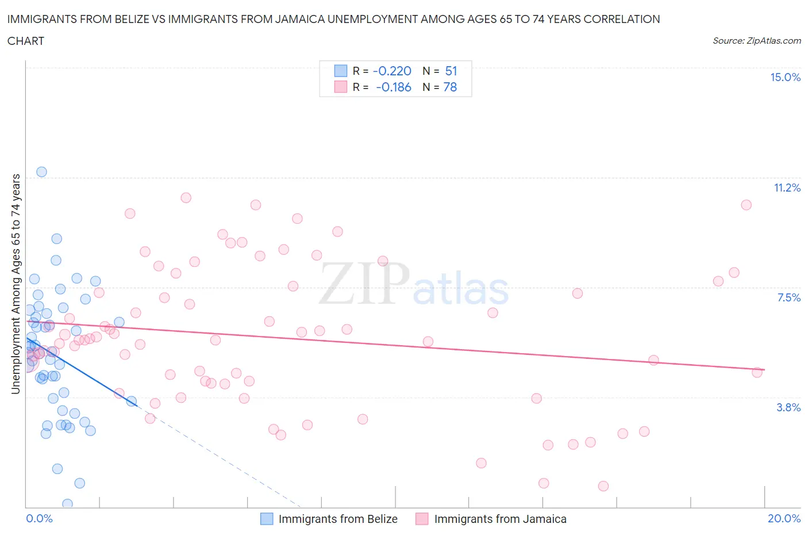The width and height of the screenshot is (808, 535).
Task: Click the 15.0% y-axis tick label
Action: (x=785, y=78)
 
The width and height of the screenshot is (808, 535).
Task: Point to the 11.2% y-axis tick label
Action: (x=787, y=188)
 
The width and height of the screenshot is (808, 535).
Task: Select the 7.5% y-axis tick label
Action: (x=788, y=297)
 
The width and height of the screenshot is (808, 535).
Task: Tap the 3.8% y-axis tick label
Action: (x=788, y=407)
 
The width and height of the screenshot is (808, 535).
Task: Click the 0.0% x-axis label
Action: (x=39, y=519)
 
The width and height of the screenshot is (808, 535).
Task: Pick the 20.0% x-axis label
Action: (x=784, y=519)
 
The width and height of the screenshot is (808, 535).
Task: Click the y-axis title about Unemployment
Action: (x=16, y=284)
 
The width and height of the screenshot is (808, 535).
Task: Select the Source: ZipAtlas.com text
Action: (x=756, y=41)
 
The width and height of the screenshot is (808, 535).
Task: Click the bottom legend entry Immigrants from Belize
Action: (x=337, y=519)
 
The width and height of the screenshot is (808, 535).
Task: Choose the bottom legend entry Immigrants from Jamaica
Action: (x=500, y=519)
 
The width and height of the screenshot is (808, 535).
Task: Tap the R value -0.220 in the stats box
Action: (x=392, y=71)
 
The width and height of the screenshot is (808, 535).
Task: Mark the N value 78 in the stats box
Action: (x=450, y=87)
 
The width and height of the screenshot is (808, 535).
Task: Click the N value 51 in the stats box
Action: (x=451, y=71)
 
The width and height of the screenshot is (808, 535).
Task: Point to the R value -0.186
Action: (x=393, y=87)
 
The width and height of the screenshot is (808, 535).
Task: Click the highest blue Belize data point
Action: (x=41, y=171)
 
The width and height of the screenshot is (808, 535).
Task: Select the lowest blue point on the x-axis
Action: (x=67, y=504)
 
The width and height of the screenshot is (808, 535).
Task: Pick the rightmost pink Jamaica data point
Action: (x=757, y=372)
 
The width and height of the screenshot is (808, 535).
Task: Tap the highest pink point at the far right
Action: (x=746, y=205)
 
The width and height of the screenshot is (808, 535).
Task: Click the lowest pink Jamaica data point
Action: (x=603, y=486)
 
